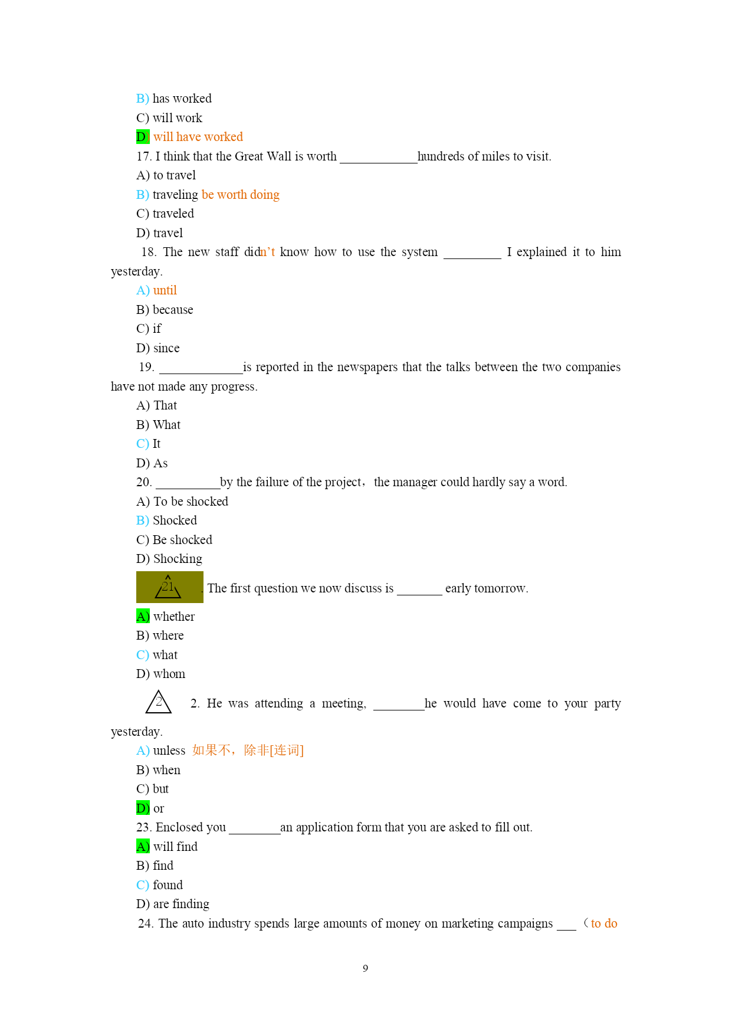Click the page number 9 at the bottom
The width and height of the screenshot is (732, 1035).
pos(365,968)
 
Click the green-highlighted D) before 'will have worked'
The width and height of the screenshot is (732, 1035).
pos(142,137)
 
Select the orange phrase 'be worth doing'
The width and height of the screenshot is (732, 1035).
pos(241,195)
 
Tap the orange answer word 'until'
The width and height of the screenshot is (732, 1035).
pos(165,290)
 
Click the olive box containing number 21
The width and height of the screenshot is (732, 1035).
pos(170,587)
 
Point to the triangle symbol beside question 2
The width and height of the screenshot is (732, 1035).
pos(159,702)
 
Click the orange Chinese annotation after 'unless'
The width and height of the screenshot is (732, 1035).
pos(248,750)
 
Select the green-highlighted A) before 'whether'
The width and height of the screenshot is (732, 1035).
pos(142,617)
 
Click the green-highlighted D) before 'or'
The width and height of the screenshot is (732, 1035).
pos(142,808)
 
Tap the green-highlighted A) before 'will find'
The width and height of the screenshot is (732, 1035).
pos(142,847)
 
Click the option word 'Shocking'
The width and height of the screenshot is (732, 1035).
pos(178,559)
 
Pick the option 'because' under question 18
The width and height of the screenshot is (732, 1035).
pos(173,310)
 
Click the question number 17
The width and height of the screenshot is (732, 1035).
pos(144,156)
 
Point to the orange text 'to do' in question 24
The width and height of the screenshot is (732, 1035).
pos(604,923)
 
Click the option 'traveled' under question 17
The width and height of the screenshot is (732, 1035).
pos(173,214)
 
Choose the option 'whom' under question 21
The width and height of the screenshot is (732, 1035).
pos(169,674)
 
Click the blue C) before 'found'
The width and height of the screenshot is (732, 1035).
pos(142,885)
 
